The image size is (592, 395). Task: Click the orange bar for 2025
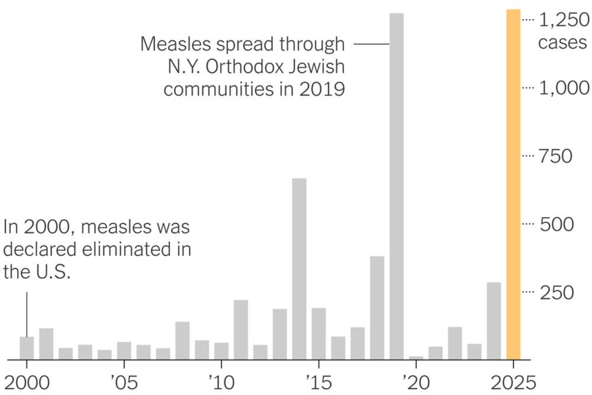(x=513, y=184)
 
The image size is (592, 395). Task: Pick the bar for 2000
(x=27, y=348)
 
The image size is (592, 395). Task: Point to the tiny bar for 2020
(x=416, y=358)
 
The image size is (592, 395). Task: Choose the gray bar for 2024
(x=494, y=321)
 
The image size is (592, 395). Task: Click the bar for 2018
(x=377, y=308)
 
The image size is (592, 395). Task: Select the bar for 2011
(x=241, y=330)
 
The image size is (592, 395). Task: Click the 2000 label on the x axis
(x=26, y=380)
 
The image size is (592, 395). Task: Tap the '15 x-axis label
(x=318, y=380)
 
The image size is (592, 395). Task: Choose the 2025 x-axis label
(x=512, y=380)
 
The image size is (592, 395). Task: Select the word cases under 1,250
(x=562, y=43)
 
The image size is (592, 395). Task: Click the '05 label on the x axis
(x=124, y=380)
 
